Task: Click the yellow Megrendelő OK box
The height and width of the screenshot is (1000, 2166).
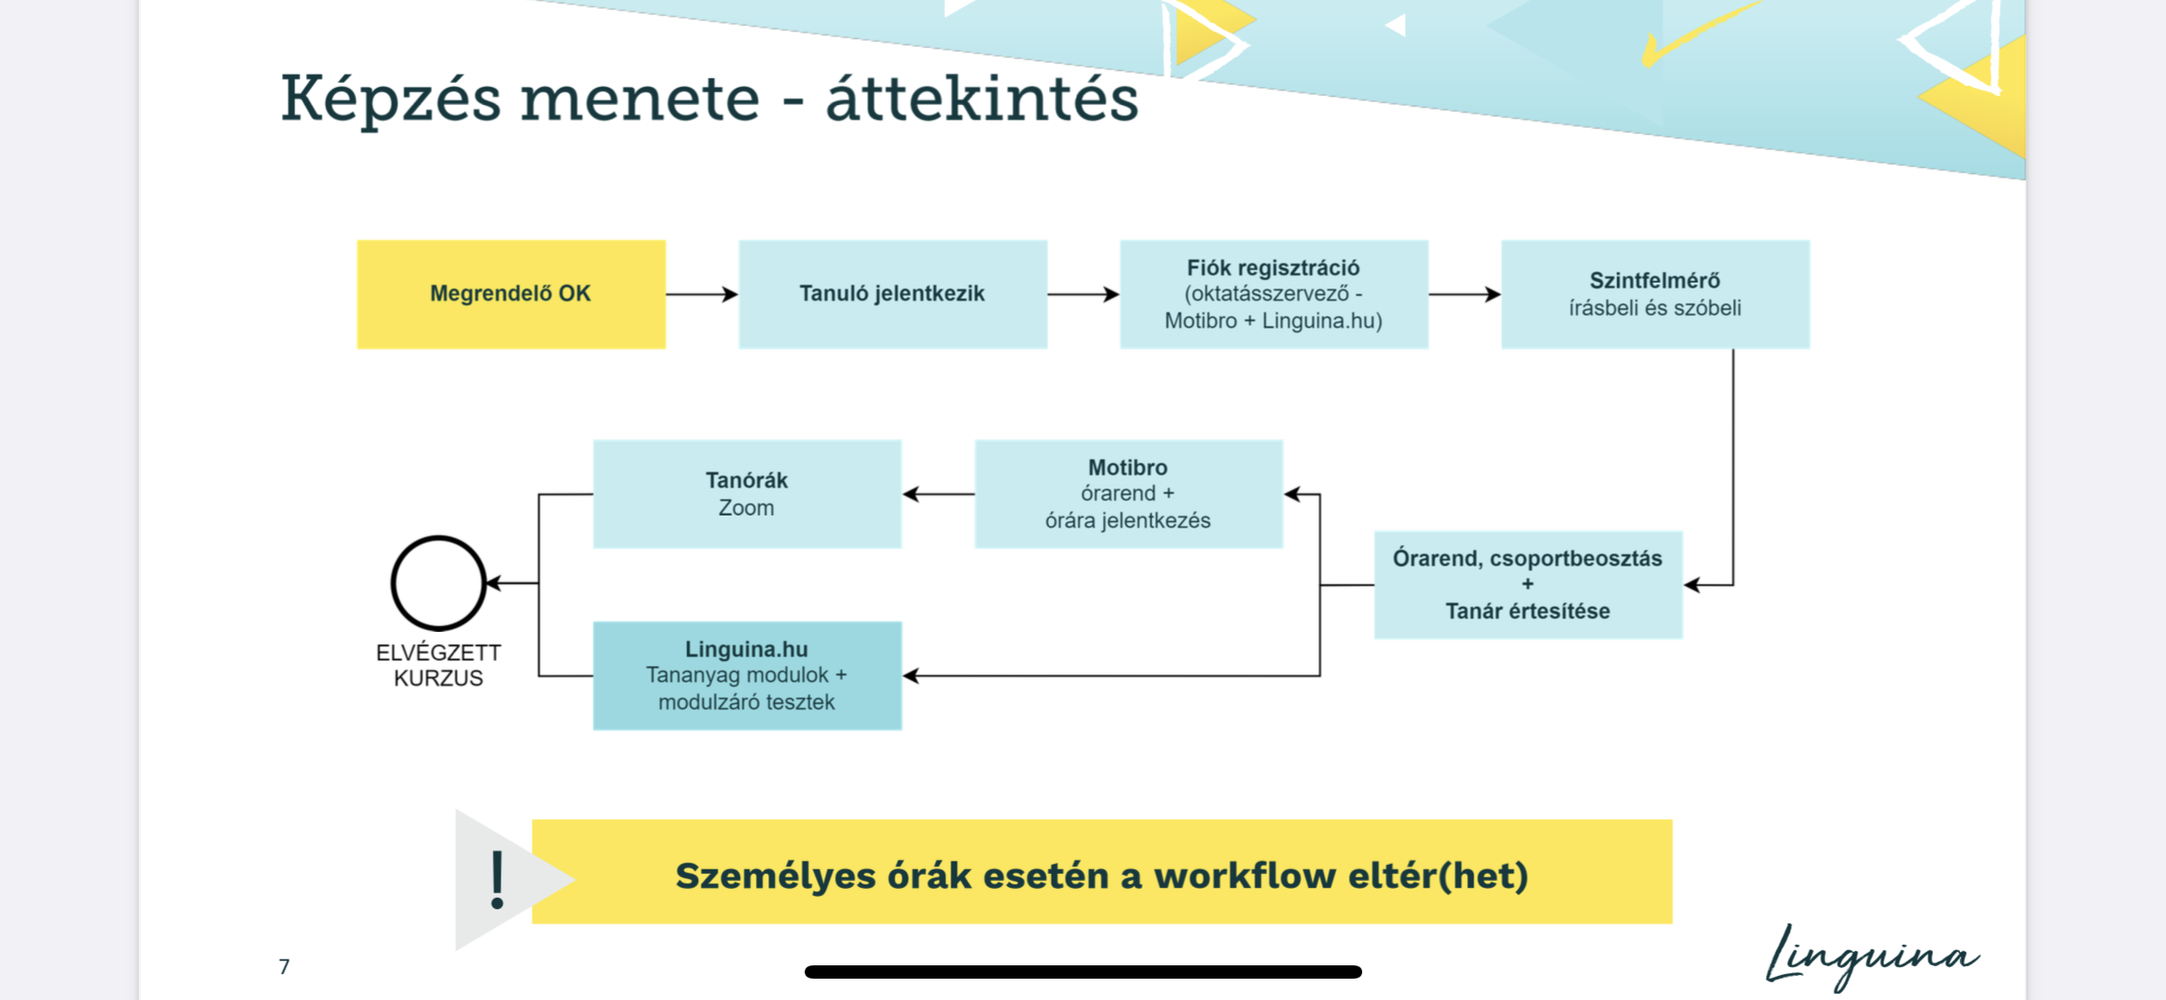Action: (510, 294)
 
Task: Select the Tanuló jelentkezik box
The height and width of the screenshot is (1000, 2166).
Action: (892, 294)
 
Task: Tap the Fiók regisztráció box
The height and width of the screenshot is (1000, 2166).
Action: (1273, 294)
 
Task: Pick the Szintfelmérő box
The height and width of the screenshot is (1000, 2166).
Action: (1655, 294)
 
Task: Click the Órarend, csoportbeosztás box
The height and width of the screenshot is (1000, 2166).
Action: (1528, 585)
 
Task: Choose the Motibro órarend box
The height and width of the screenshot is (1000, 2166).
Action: (1127, 494)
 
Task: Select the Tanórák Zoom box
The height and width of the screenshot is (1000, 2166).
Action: (746, 494)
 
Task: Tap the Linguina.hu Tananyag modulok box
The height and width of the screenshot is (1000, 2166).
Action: (746, 676)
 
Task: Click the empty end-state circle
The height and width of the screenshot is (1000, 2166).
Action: (438, 583)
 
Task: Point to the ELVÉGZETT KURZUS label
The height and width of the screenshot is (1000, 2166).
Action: (438, 665)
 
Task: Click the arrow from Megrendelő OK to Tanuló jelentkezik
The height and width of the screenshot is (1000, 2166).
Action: (702, 294)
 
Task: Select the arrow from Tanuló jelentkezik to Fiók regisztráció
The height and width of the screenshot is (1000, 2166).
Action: (1083, 294)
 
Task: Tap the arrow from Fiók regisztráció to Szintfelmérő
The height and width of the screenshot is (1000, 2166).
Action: (1464, 294)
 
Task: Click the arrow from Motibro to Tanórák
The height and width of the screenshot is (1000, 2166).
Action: (938, 494)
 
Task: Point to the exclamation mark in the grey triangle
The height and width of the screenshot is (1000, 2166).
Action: (497, 879)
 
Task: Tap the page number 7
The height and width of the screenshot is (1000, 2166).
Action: (284, 966)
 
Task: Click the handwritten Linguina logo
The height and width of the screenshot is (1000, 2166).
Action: (1872, 956)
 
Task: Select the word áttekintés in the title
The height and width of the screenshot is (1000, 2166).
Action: (982, 99)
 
